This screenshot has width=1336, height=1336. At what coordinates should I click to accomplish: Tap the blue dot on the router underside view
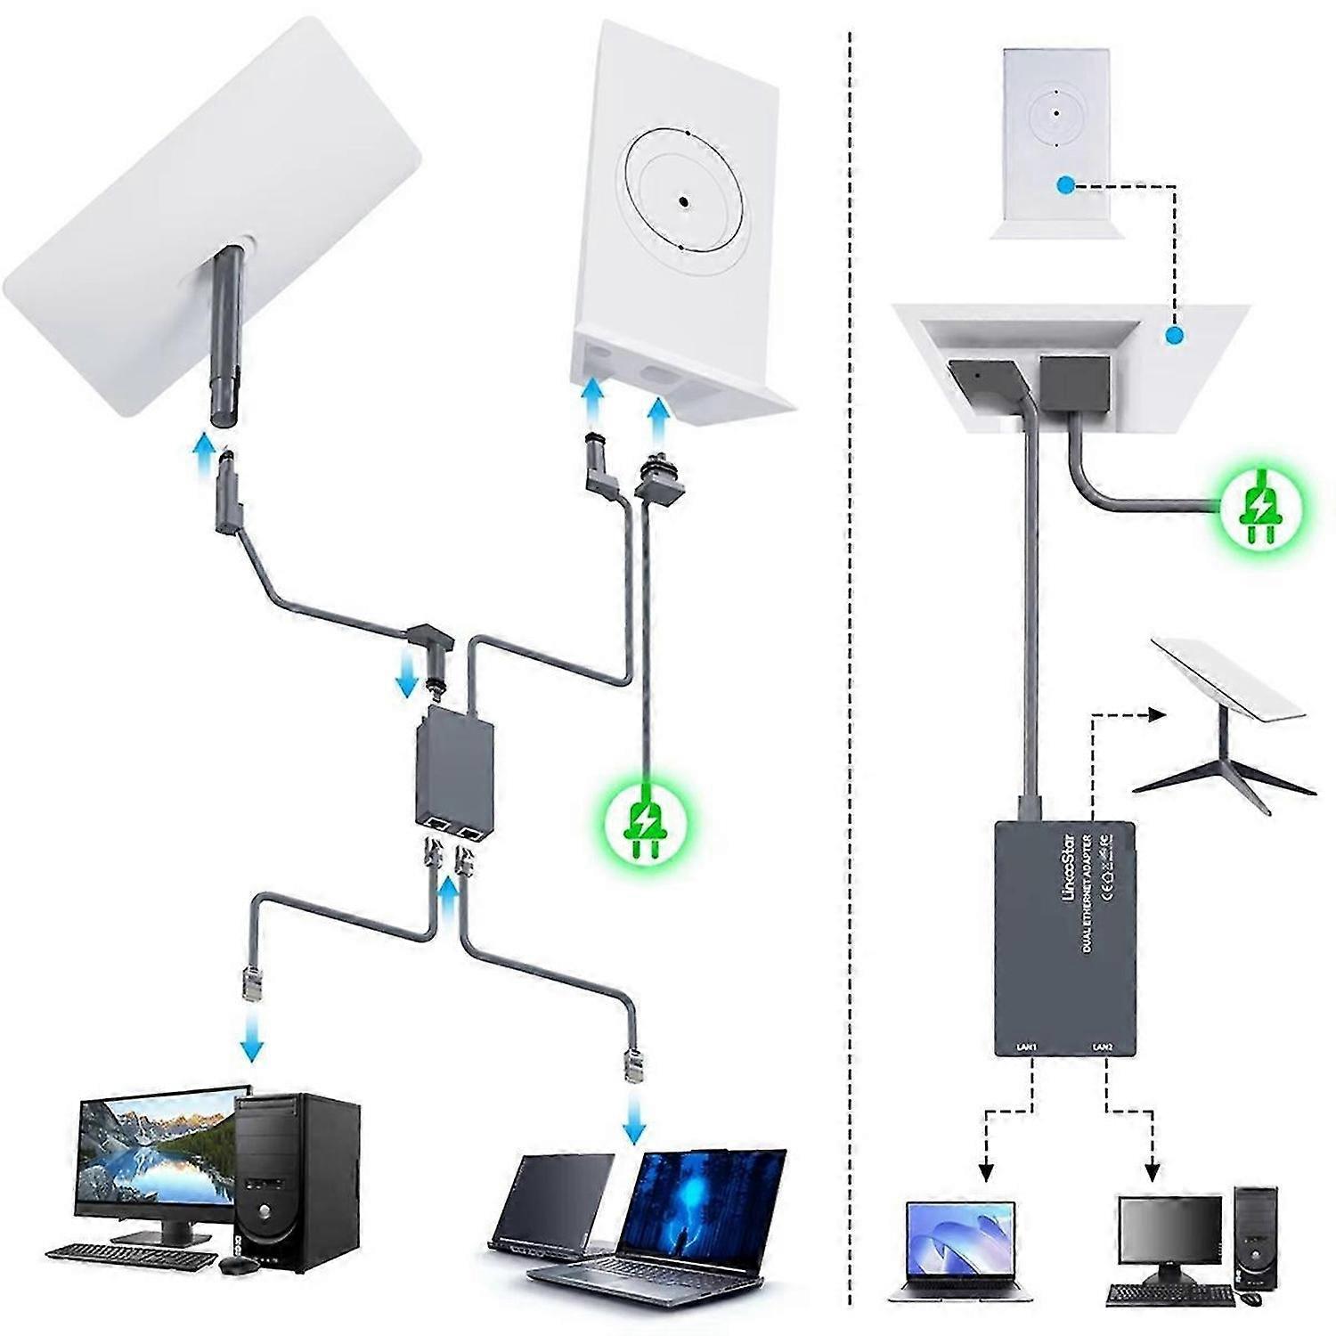coord(1175,336)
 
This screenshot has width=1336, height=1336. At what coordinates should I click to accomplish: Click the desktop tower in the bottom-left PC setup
coord(298,1180)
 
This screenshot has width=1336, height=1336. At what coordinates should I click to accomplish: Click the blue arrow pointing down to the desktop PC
coord(253,1040)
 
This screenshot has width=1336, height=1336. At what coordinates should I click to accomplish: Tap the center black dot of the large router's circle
coord(682,202)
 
